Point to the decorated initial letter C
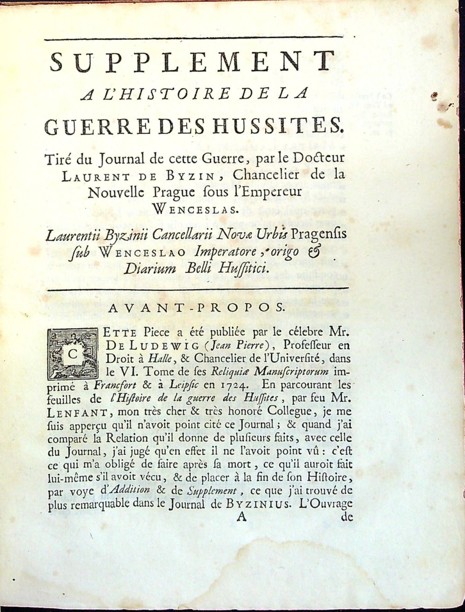[73, 353]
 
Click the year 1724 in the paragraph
[225, 384]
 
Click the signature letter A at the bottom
[242, 517]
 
